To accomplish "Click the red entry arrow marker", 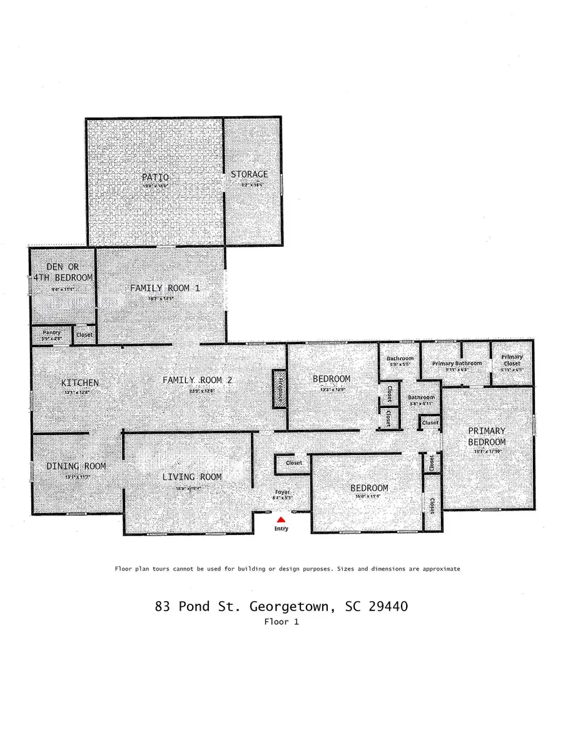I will point(281,519).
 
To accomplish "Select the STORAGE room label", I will point(249,174).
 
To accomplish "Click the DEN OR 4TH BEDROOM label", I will point(62,272).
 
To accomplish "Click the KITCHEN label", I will point(80,382).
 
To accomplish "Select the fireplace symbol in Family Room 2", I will point(280,389).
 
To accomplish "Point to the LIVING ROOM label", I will point(192,477).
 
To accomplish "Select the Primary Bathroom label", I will point(457,364).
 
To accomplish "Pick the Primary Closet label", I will point(512,361).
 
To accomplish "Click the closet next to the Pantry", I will point(84,335).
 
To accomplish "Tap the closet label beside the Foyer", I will point(294,463).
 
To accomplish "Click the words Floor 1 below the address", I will point(282,622).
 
